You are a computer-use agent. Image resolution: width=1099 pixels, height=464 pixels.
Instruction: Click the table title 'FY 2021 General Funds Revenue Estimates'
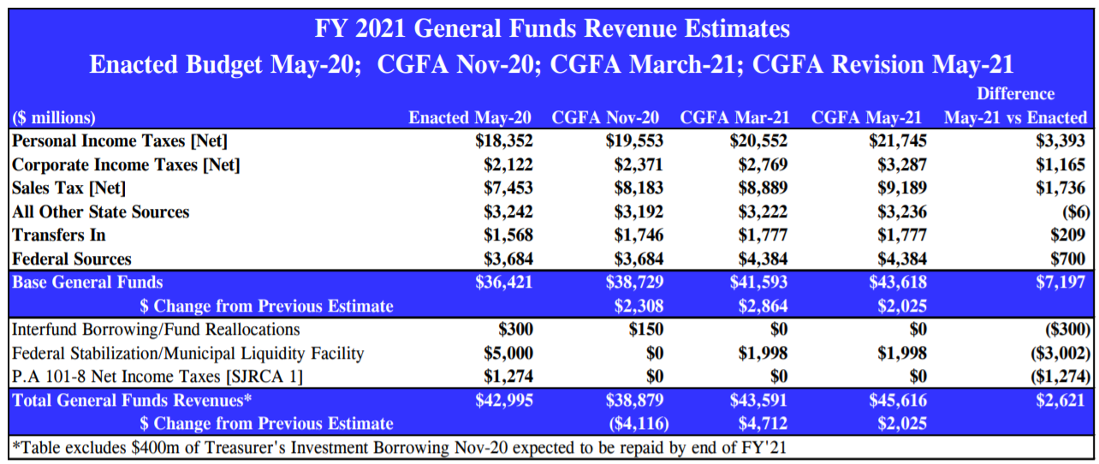[552, 29]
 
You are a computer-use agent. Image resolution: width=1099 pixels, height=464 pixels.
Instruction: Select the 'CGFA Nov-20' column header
[605, 118]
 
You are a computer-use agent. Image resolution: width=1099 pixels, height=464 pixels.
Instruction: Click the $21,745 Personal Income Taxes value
[895, 141]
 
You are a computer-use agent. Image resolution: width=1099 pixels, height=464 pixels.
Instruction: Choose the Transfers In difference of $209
[1068, 235]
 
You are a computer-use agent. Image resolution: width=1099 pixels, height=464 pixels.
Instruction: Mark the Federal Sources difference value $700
[1068, 259]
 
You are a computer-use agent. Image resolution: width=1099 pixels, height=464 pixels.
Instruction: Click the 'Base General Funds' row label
[87, 283]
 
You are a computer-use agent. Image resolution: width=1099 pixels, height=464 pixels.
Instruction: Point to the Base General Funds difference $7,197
[1060, 283]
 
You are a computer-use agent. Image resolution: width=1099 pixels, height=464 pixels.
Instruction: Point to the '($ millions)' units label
[54, 118]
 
